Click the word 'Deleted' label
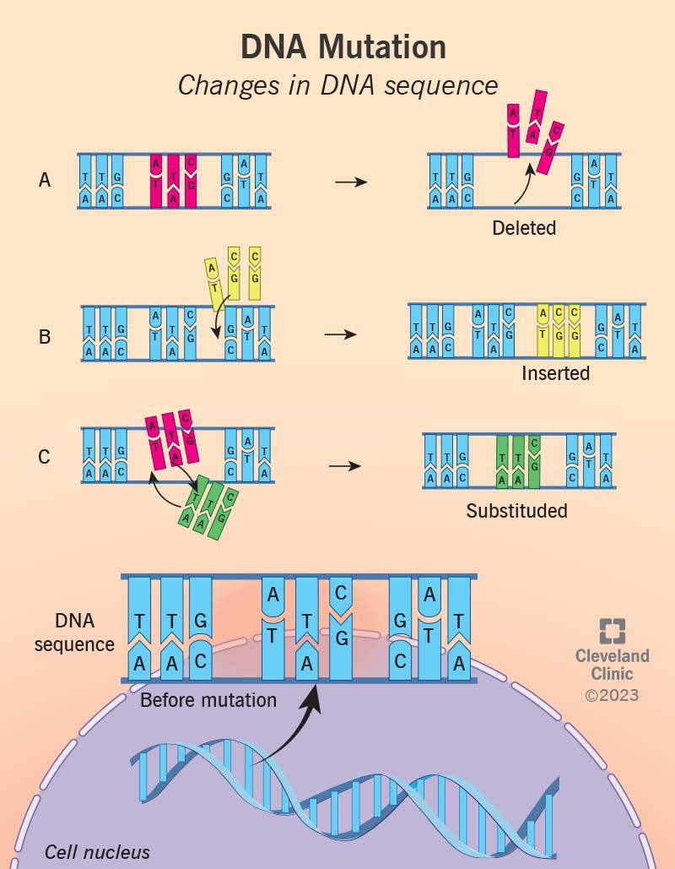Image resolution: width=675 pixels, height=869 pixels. click(x=524, y=228)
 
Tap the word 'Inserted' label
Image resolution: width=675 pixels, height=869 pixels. click(x=555, y=373)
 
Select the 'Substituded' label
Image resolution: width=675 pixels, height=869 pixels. click(x=516, y=510)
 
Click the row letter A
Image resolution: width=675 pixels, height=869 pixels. click(x=45, y=180)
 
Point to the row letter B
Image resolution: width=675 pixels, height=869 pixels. click(x=45, y=336)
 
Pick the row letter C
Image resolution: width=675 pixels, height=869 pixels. click(x=45, y=457)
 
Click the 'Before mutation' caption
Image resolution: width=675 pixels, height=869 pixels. click(x=208, y=700)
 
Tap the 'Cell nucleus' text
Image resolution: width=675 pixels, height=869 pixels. click(x=97, y=852)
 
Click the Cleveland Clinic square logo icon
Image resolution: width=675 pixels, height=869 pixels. click(x=613, y=631)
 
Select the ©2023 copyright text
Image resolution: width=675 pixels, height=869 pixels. click(x=612, y=695)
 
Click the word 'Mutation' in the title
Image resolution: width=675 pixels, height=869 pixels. click(x=382, y=46)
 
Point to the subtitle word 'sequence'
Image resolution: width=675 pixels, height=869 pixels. click(x=441, y=86)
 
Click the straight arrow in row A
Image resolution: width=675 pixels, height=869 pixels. click(x=351, y=182)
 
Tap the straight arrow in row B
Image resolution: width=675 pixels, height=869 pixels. click(x=341, y=334)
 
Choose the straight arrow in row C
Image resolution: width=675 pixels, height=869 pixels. click(x=344, y=465)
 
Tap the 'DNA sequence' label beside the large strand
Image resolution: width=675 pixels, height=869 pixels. click(x=74, y=633)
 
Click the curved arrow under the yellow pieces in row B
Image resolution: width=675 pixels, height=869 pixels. click(x=220, y=318)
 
